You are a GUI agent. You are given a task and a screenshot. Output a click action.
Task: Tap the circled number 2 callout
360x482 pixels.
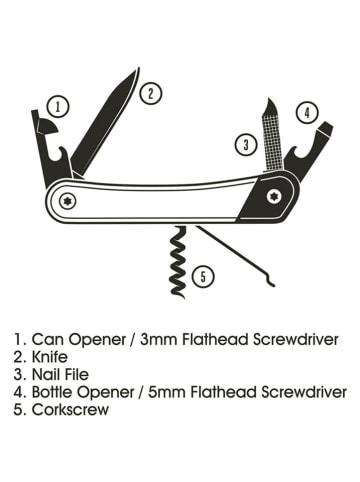click(150, 93)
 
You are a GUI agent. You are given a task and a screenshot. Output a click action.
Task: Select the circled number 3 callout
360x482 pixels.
click(246, 144)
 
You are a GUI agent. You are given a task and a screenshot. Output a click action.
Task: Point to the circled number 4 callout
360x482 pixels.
click(308, 112)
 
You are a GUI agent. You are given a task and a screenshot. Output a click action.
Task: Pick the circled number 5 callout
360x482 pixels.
click(203, 275)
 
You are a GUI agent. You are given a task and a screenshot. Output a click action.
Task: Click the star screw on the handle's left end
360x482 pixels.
click(69, 199)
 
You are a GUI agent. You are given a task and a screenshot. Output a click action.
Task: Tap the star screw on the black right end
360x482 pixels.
click(276, 197)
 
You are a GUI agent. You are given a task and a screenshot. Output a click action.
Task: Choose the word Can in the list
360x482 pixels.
click(46, 338)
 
